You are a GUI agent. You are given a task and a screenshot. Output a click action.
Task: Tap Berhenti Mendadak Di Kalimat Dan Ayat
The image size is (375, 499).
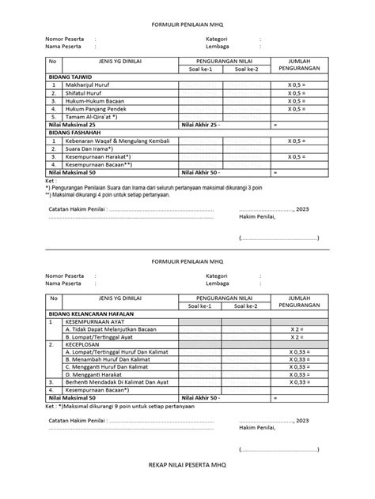click(116, 381)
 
